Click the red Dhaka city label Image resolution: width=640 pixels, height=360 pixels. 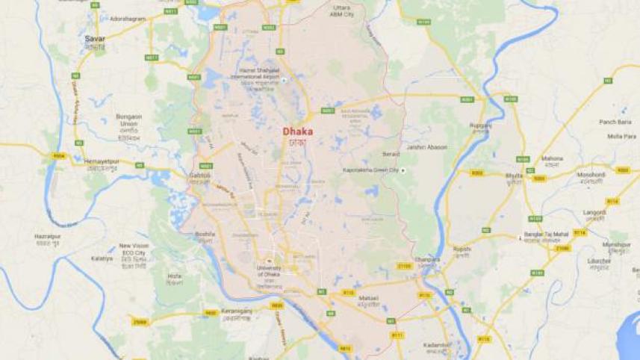pos(298,131)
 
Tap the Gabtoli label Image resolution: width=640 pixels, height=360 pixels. pos(201,175)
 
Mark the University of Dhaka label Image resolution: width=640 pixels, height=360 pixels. pos(270,270)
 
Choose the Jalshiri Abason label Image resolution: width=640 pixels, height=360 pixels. pos(427,147)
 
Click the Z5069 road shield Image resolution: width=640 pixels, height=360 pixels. pos(139,322)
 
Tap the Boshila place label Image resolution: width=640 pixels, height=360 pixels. pos(205,233)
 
